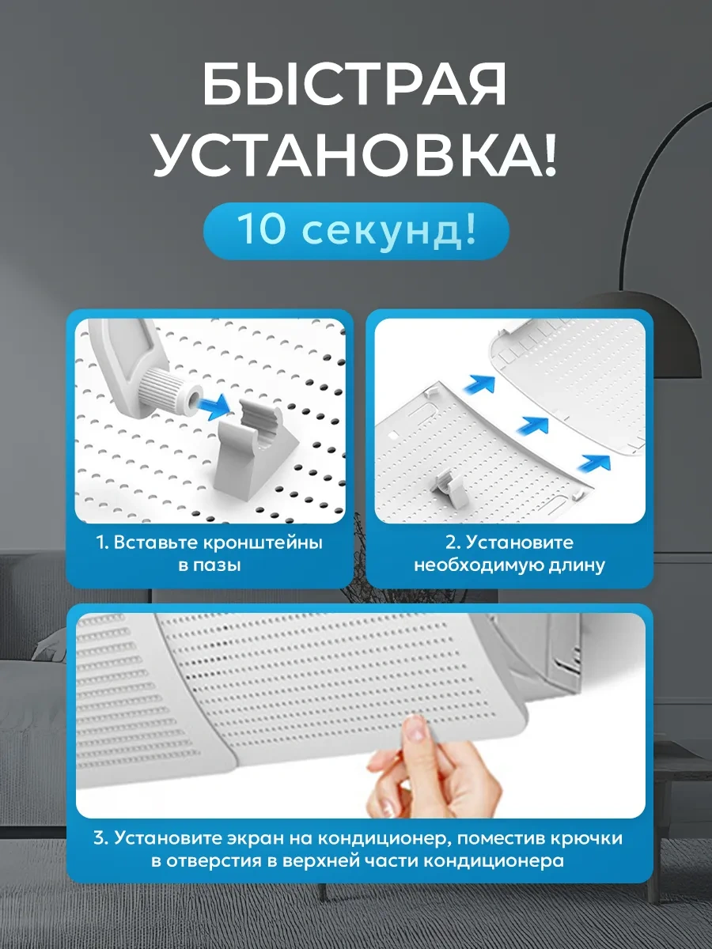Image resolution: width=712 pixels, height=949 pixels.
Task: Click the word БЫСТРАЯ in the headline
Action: (354, 85)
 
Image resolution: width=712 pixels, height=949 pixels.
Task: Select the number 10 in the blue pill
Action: (262, 229)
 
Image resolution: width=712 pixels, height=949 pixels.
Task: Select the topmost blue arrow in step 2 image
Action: (480, 384)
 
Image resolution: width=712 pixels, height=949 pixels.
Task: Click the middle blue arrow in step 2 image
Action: (533, 425)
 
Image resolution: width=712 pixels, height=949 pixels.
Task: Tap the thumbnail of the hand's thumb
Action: (415, 728)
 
